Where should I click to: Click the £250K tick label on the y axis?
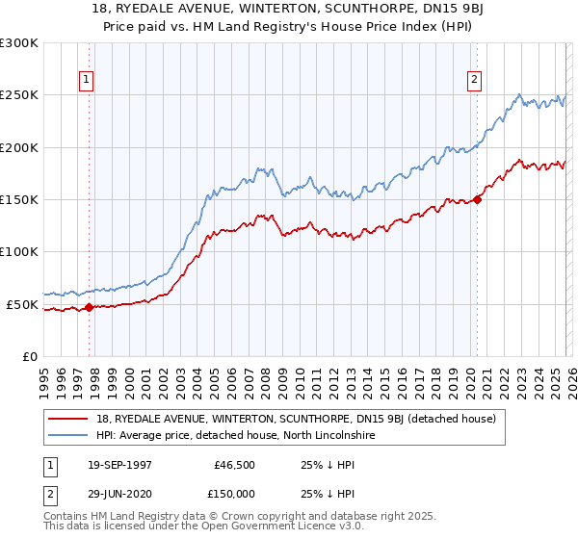19,95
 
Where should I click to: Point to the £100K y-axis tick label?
19,252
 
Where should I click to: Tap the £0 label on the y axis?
29,356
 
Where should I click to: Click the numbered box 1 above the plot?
87,81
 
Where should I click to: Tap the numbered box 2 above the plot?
475,81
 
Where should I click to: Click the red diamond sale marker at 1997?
89,308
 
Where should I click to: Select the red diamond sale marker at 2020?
477,200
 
